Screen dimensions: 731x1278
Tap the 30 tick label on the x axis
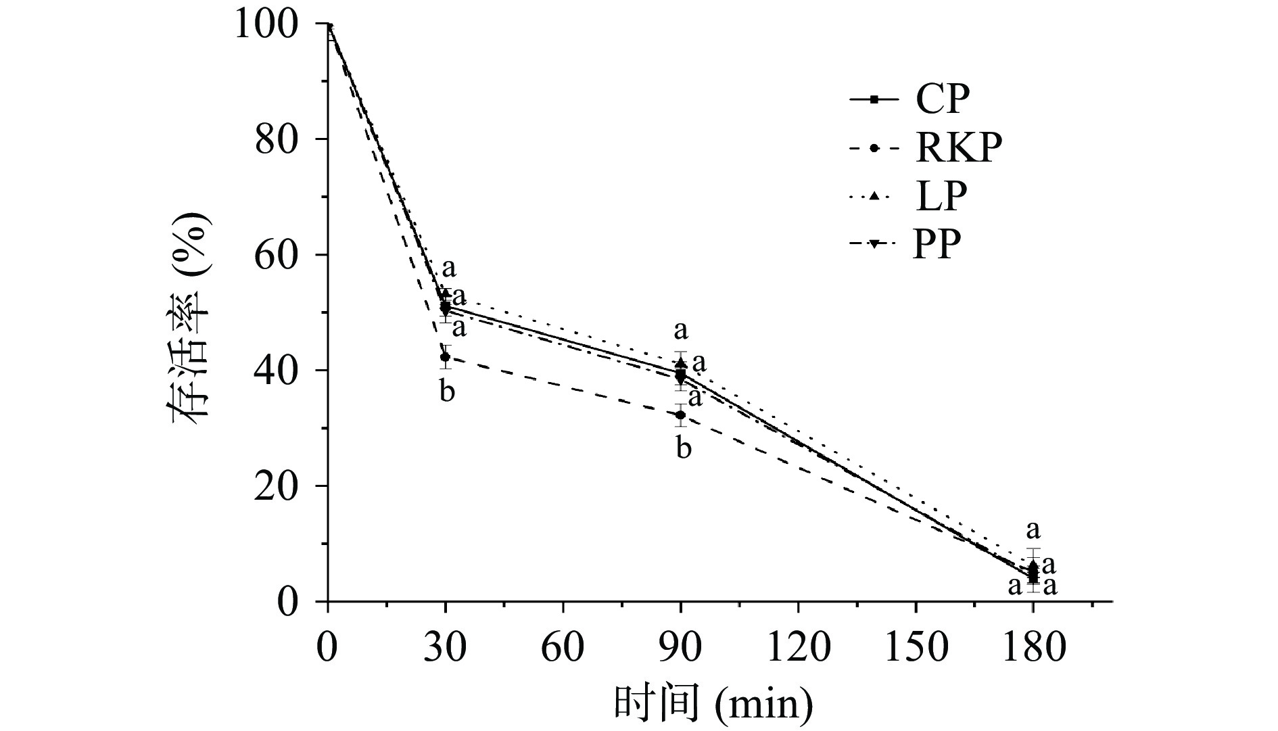pos(446,647)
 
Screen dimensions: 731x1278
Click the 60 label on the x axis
pos(563,647)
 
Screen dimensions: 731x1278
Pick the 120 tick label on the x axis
pos(799,647)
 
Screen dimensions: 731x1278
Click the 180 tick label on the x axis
pos(1033,647)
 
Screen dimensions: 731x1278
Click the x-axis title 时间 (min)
pos(713,703)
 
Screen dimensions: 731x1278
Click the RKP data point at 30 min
pos(445,357)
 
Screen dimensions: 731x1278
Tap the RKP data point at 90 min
pos(681,415)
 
